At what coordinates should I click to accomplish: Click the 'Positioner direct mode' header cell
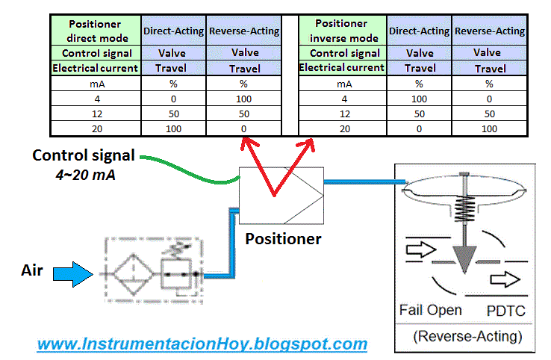(x=94, y=31)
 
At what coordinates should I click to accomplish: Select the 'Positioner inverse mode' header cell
(x=343, y=31)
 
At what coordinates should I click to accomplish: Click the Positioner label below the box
(x=283, y=239)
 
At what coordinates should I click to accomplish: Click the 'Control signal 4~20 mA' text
(x=83, y=164)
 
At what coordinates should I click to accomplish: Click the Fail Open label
(x=430, y=309)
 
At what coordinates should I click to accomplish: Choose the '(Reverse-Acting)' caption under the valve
(x=467, y=337)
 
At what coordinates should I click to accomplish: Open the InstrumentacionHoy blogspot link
(x=202, y=344)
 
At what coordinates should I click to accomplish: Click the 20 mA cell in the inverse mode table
(x=343, y=128)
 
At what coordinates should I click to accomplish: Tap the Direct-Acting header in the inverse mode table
(x=419, y=31)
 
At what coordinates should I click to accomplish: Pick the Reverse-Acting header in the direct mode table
(x=244, y=31)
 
